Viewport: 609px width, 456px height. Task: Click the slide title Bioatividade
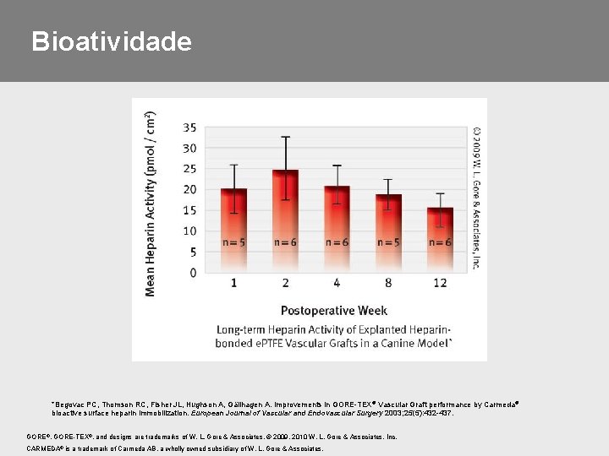111,41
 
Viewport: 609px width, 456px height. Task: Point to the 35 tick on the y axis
189,128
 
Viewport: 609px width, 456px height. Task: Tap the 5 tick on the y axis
193,252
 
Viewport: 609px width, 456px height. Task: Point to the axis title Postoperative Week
334,310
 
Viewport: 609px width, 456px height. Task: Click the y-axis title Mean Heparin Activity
151,204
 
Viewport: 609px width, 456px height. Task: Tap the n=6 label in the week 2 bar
286,242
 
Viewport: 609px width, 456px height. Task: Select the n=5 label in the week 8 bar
389,242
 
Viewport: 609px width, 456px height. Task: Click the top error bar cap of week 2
286,137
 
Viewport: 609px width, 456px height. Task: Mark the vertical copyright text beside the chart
477,197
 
